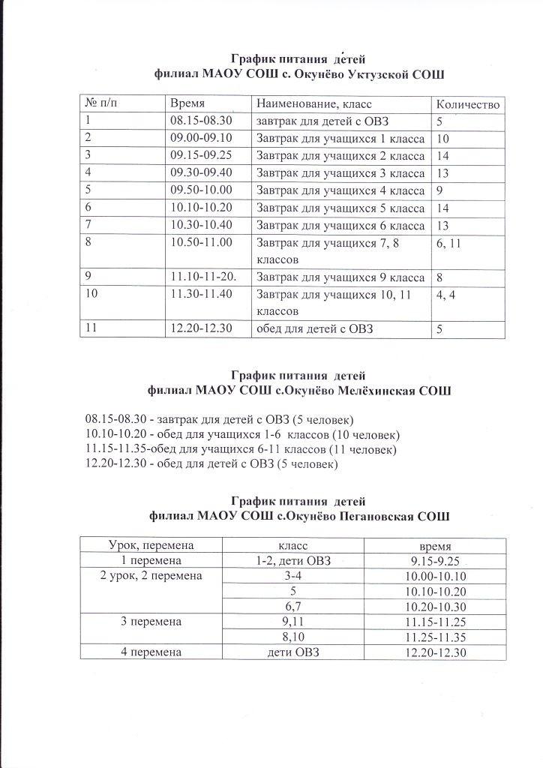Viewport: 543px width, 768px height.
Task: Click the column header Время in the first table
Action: tap(187, 103)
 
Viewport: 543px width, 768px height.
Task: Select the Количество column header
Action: tap(467, 103)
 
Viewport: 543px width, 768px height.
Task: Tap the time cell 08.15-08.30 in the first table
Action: tap(202, 121)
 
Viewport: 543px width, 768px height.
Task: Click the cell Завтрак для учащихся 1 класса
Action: tap(340, 138)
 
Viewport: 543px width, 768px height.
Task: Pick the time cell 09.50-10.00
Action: tap(202, 190)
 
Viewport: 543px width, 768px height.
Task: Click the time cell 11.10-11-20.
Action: tap(203, 277)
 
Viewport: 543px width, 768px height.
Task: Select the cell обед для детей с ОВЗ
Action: tap(316, 329)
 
